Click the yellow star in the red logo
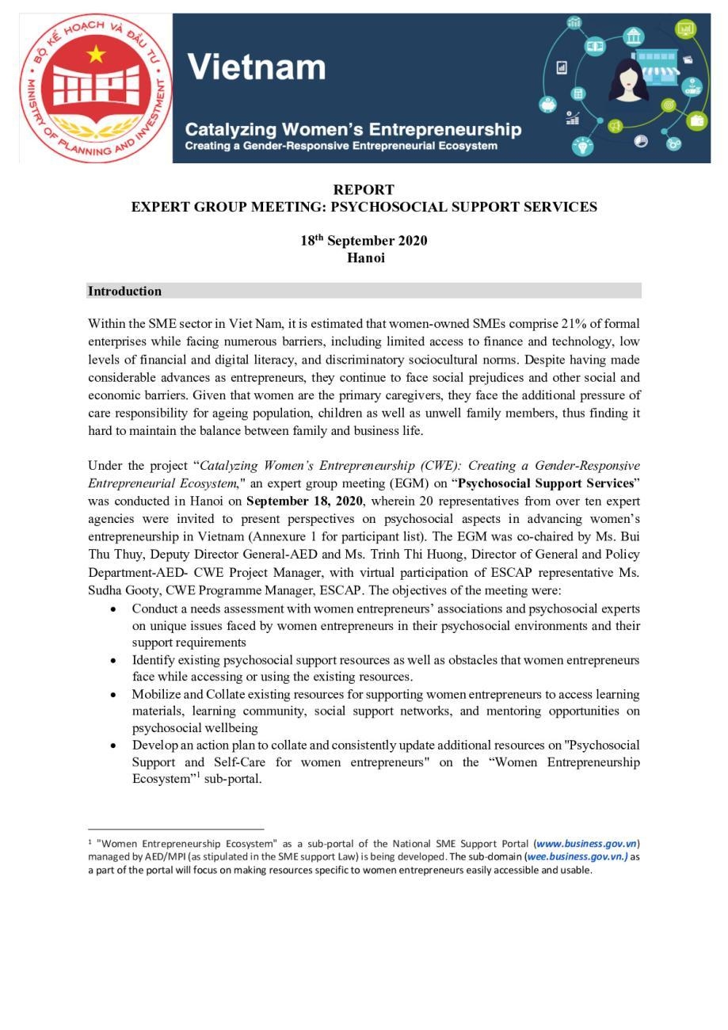tap(96, 55)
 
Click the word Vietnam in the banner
tap(257, 67)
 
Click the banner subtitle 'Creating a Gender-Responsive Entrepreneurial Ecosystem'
tap(341, 147)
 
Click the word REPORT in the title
tap(364, 189)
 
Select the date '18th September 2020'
tap(364, 241)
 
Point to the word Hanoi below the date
tap(365, 258)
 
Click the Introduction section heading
tap(124, 291)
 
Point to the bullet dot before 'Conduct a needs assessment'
tap(114, 609)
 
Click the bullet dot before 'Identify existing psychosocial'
tap(114, 660)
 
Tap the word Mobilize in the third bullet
tap(155, 694)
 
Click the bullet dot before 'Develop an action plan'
tap(114, 746)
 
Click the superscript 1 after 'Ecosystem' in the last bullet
tap(198, 775)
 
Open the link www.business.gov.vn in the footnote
tap(586, 844)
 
